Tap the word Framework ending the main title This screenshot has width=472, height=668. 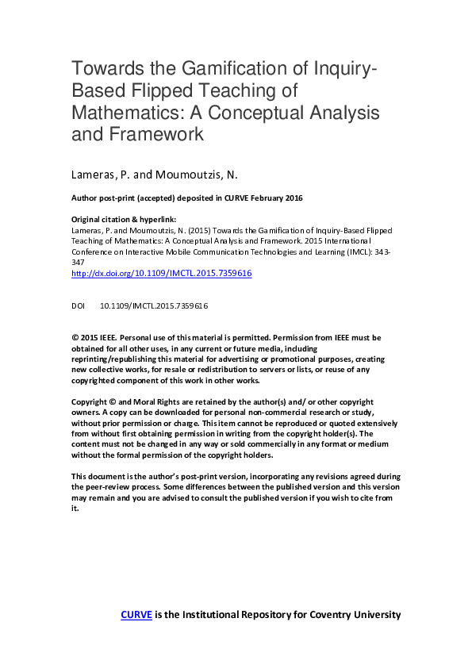pos(164,133)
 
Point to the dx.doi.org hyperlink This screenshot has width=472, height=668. pos(161,272)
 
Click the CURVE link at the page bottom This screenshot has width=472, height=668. pos(136,614)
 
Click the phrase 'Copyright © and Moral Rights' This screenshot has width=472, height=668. pos(123,402)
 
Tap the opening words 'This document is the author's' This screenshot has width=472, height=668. pos(124,476)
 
